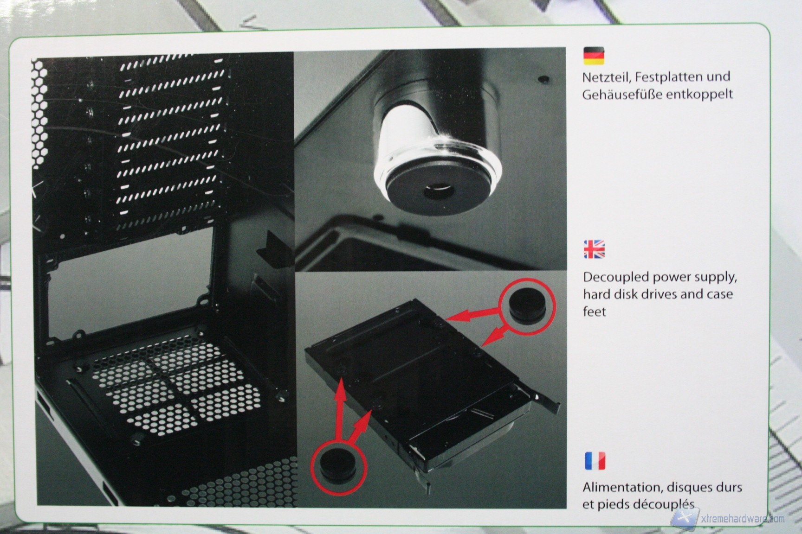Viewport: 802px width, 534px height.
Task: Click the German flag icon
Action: pos(594,56)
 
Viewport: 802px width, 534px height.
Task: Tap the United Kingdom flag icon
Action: pos(594,249)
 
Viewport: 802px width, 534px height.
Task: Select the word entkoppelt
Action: pos(699,94)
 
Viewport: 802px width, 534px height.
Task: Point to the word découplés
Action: pos(666,504)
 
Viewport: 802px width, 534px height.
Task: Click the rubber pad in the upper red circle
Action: pos(526,304)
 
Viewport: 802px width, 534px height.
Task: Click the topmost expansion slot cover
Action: pos(173,69)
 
